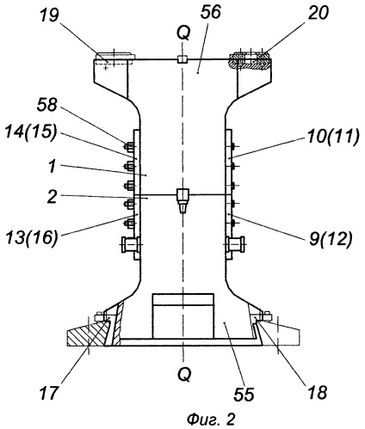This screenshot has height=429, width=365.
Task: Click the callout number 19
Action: pyautogui.click(x=50, y=16)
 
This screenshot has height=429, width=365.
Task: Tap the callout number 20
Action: pyautogui.click(x=318, y=14)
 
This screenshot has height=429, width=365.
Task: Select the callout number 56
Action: pyautogui.click(x=211, y=12)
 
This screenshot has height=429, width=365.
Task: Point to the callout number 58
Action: pyautogui.click(x=47, y=105)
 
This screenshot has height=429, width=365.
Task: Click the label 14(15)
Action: pyautogui.click(x=31, y=133)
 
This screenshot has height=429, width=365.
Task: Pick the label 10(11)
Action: pyautogui.click(x=332, y=137)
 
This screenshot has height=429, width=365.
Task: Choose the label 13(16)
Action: pyautogui.click(x=32, y=237)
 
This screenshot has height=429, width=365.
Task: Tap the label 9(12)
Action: pyautogui.click(x=331, y=239)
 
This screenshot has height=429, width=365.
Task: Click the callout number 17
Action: pyautogui.click(x=48, y=392)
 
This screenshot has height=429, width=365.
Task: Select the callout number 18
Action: pyautogui.click(x=317, y=392)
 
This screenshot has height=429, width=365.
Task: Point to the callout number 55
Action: pyautogui.click(x=244, y=395)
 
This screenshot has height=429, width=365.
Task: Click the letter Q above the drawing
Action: pyautogui.click(x=183, y=34)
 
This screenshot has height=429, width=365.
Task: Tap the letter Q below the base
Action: pyautogui.click(x=183, y=374)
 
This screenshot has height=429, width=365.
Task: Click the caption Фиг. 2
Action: pyautogui.click(x=211, y=420)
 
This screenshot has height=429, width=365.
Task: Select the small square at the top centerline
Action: pyautogui.click(x=182, y=59)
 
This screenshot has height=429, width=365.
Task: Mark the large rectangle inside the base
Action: pyautogui.click(x=183, y=316)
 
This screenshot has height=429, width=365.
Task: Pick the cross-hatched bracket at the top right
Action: pyautogui.click(x=249, y=60)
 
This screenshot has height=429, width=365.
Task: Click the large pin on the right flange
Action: pyautogui.click(x=235, y=245)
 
